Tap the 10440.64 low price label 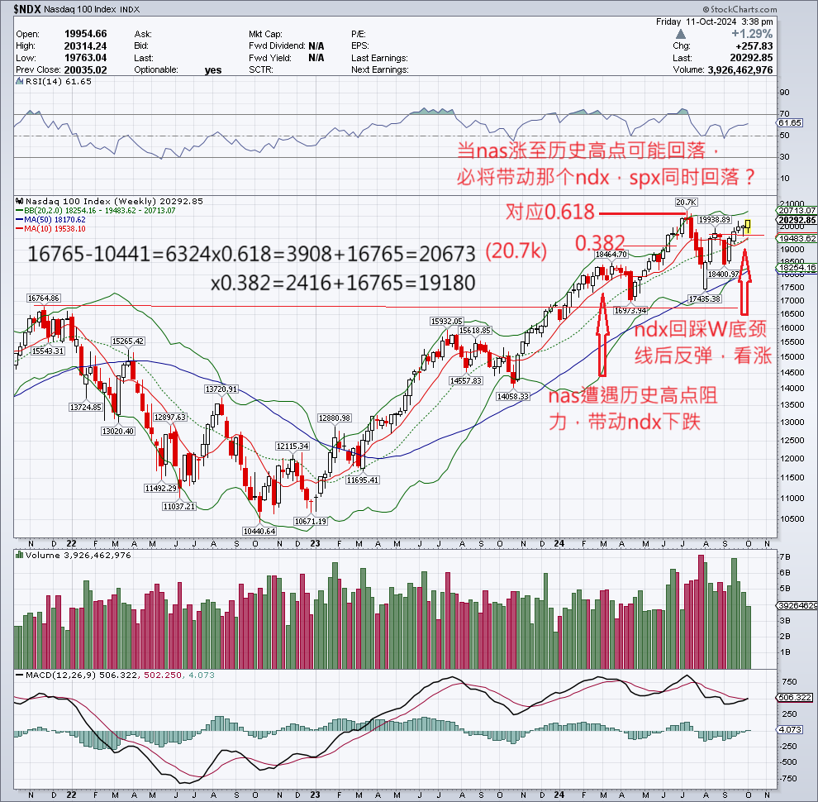coord(259,531)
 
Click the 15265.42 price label coord(128,341)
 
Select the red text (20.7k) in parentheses coord(515,251)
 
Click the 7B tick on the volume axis coord(786,556)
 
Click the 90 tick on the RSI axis coord(785,93)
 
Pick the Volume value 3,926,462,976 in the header coord(723,70)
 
